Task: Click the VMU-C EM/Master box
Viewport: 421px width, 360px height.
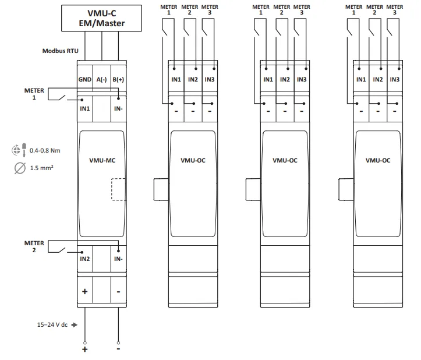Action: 101,19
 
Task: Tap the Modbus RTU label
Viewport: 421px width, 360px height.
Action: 60,51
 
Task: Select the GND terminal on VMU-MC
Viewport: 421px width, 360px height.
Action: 84,79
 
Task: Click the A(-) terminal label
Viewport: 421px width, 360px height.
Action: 101,79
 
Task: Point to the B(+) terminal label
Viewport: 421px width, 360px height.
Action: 118,79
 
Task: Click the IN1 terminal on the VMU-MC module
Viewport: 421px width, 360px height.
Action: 84,108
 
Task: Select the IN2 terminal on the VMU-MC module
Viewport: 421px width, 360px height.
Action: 84,259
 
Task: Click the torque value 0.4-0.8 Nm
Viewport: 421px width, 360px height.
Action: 45,150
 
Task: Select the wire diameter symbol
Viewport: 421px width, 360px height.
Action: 19,168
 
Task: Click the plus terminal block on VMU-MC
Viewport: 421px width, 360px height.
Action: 84,291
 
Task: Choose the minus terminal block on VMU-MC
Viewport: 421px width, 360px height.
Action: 118,291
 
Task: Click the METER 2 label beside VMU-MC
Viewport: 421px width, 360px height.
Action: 34,246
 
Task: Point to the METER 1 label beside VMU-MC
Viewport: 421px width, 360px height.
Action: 34,94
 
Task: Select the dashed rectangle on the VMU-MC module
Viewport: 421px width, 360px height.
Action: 118,189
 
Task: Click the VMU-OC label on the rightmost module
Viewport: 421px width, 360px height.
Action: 377,160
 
